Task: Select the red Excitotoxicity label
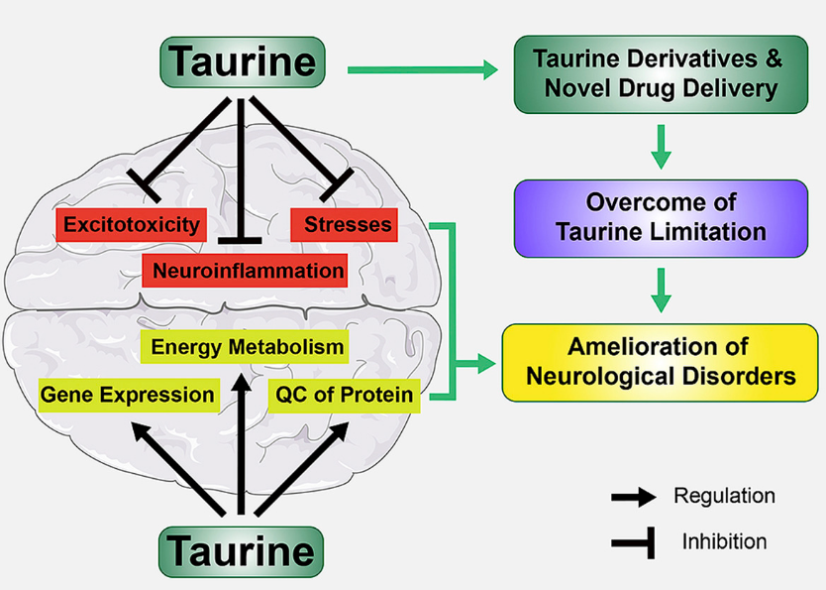pos(132,225)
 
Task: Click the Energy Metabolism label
pos(247,347)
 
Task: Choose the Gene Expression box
pos(127,395)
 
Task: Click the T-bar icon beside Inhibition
pos(632,540)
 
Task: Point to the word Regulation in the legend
pos(724,495)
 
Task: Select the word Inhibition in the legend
pos(724,541)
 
